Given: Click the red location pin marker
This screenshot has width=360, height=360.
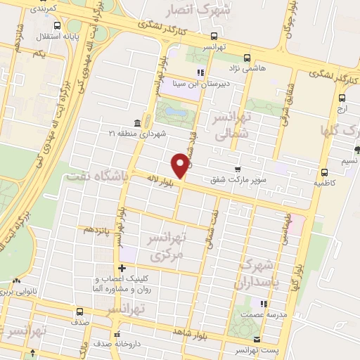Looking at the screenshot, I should pos(181,165).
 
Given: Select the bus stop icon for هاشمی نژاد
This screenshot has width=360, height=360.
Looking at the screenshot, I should pos(245,58).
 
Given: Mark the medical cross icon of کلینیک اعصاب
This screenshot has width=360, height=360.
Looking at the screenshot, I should pos(122,268).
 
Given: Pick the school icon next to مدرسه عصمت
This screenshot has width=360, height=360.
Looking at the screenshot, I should pos(263,304).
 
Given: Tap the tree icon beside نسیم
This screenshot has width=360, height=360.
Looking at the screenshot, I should pos(357,149).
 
